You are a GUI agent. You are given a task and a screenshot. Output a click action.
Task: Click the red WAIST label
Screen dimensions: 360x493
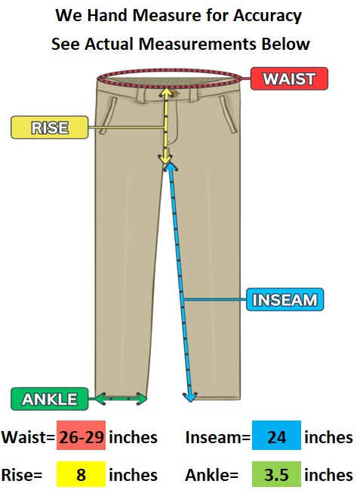tap(289, 79)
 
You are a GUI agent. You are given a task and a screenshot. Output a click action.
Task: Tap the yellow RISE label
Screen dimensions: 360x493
tap(50, 128)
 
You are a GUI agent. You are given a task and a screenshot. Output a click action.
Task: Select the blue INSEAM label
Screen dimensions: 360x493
tap(285, 300)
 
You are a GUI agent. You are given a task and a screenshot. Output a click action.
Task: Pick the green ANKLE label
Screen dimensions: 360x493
tap(50, 399)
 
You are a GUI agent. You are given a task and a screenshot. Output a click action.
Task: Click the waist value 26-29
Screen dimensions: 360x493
tap(81, 437)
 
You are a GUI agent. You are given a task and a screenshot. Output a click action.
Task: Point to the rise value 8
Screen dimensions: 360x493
tap(81, 475)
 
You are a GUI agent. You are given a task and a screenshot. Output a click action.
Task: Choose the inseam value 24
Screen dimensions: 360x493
tap(277, 437)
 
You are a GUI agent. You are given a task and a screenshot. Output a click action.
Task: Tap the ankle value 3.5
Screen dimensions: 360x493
tap(276, 475)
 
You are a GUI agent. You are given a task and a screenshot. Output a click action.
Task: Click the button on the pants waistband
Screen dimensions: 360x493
tap(174, 93)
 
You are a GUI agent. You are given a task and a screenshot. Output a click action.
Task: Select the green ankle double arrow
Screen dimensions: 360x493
tap(121, 399)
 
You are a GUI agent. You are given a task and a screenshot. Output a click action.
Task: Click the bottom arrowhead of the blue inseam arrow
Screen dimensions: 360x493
tap(190, 397)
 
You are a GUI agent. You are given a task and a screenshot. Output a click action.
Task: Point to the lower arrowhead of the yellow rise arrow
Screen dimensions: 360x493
tap(165, 159)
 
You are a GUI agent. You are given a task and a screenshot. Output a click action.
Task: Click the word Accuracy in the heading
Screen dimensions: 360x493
tap(268, 16)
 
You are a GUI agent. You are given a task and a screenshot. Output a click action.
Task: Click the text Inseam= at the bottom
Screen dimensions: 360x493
tap(218, 437)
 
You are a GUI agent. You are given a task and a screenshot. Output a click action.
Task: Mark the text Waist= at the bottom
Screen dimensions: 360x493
tap(28, 437)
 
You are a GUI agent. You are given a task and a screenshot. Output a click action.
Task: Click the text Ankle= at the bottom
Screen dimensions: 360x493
tap(211, 475)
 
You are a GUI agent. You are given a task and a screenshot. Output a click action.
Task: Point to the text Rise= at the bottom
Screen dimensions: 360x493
tap(22, 475)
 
